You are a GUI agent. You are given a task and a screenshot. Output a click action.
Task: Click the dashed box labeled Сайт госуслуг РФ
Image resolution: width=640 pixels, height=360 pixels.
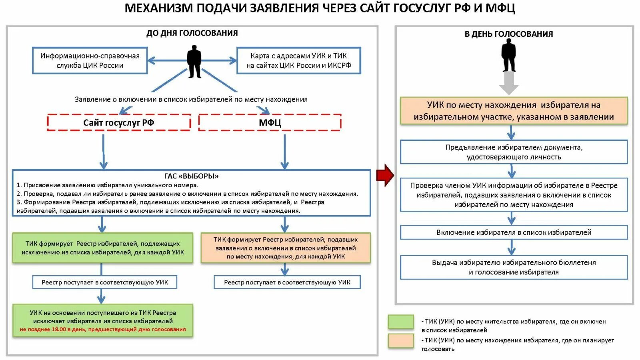pos(119,122)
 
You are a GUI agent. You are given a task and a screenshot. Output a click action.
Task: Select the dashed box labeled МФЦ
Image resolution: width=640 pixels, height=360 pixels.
pos(270,122)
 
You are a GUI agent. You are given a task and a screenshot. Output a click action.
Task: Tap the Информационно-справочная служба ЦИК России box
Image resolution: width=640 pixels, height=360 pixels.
pos(90,60)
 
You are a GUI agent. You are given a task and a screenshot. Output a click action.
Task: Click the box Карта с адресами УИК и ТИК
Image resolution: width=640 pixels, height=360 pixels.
pos(298,60)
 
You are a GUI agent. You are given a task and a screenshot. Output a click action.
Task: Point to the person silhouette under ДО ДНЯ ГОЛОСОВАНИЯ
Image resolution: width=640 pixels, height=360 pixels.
pos(194,61)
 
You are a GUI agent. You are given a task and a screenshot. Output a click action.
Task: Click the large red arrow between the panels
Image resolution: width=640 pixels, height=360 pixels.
pos(385,175)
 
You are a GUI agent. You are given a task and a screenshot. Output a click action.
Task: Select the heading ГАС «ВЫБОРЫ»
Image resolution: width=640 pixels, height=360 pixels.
pos(191,176)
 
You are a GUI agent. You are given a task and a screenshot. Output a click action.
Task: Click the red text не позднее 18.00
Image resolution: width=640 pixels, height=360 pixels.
pos(103,330)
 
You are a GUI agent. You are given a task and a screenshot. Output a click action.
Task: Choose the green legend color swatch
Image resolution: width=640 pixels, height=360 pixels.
pos(400,322)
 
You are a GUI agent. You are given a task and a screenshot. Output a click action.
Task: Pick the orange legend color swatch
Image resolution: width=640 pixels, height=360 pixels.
pos(400,341)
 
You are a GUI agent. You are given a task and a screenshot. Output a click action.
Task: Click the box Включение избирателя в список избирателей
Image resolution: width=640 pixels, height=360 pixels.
pos(514,232)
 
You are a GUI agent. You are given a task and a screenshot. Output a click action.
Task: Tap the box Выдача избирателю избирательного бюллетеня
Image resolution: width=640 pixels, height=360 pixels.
pos(514,267)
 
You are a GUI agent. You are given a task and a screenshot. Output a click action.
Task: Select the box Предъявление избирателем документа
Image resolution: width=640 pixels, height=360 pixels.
pos(514,152)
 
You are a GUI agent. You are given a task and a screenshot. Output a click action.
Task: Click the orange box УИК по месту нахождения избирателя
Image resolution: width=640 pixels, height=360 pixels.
pos(514,111)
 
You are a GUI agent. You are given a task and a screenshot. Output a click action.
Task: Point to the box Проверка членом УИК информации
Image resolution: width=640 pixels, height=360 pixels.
pos(514,195)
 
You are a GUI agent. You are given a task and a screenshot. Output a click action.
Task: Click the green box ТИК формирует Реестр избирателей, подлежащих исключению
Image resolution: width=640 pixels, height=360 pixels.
pos(102,248)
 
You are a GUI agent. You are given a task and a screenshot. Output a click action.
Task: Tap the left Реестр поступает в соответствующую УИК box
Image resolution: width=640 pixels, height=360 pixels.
pos(104,282)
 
